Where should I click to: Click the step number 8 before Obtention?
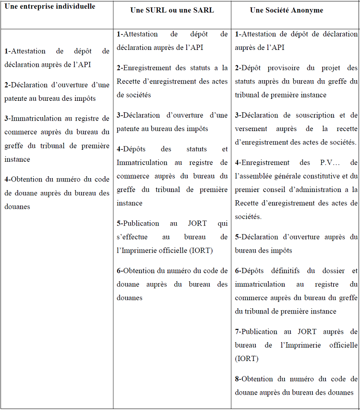pyautogui.click(x=237, y=379)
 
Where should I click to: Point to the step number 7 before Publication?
pyautogui.click(x=237, y=331)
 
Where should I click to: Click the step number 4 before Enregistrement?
pyautogui.click(x=237, y=163)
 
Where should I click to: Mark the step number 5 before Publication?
pyautogui.click(x=119, y=223)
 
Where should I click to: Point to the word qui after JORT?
pyautogui.click(x=223, y=223)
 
